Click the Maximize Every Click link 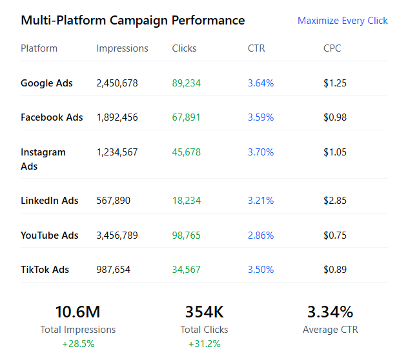[x=342, y=21]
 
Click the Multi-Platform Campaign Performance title [x=133, y=20]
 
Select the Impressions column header [x=122, y=48]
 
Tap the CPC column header [x=332, y=48]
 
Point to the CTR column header [x=256, y=48]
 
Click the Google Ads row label [x=46, y=83]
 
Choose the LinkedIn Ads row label [x=50, y=201]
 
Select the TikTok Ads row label [x=45, y=270]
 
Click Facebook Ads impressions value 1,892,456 [x=117, y=117]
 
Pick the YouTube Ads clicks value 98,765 [x=186, y=235]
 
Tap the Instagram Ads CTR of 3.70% [x=261, y=152]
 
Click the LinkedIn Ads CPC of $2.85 [x=335, y=201]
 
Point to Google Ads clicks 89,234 [x=186, y=83]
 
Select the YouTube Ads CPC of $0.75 [x=335, y=235]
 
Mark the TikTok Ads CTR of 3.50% [x=261, y=270]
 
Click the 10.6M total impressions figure [x=78, y=312]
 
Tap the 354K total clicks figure [x=204, y=312]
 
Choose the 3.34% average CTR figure [x=330, y=312]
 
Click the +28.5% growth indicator [x=78, y=344]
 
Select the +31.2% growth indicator [x=204, y=344]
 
